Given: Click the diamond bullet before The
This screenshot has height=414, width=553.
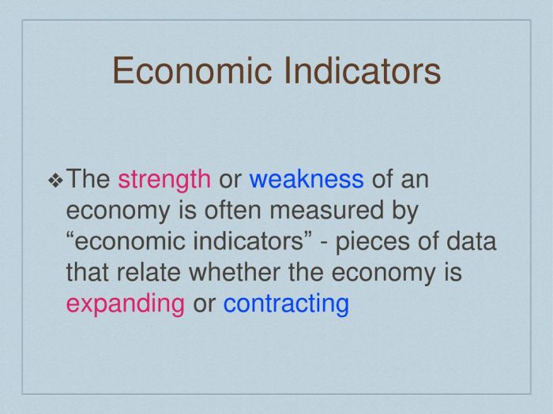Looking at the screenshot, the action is click(55, 181).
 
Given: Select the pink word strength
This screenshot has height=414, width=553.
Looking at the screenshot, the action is click(164, 181).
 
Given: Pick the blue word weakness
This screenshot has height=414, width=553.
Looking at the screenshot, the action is click(307, 179).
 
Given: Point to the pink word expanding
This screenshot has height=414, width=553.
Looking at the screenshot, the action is click(125, 304).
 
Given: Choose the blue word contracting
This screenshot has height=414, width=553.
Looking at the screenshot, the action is click(286, 304).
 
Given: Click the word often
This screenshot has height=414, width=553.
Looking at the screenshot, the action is click(233, 210).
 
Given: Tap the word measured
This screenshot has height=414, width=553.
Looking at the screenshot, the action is click(326, 211).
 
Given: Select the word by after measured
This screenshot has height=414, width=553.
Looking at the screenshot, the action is click(404, 211).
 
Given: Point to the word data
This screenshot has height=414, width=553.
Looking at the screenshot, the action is click(471, 241).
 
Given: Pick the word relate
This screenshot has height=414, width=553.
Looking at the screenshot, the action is click(149, 272).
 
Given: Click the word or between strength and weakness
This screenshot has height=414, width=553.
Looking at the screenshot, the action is click(230, 181).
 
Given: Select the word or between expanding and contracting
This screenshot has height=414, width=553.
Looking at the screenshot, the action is click(204, 305).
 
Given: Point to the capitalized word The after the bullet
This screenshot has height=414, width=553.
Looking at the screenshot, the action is click(88, 179).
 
